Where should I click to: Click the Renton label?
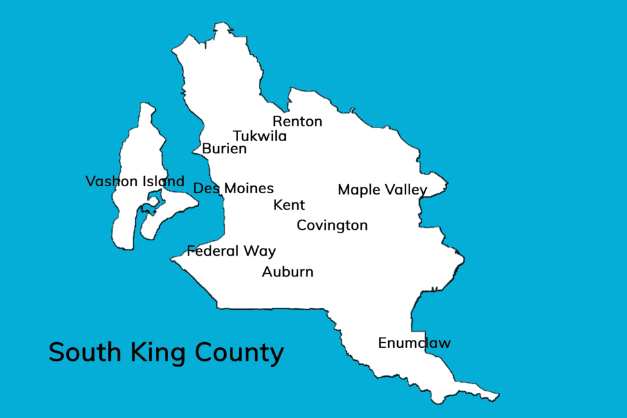click(297, 121)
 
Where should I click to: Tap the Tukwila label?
click(260, 137)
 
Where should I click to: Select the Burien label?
click(224, 149)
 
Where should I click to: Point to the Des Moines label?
click(234, 188)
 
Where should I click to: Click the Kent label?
click(289, 205)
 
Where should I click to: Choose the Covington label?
click(332, 225)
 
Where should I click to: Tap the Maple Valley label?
click(382, 190)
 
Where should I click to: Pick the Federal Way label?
click(231, 251)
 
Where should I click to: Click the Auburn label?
click(288, 272)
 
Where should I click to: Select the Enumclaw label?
click(415, 343)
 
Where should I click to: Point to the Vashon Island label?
click(135, 182)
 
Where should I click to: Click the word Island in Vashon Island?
click(163, 182)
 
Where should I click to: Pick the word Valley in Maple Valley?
click(406, 190)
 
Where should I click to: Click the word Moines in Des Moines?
click(249, 188)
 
